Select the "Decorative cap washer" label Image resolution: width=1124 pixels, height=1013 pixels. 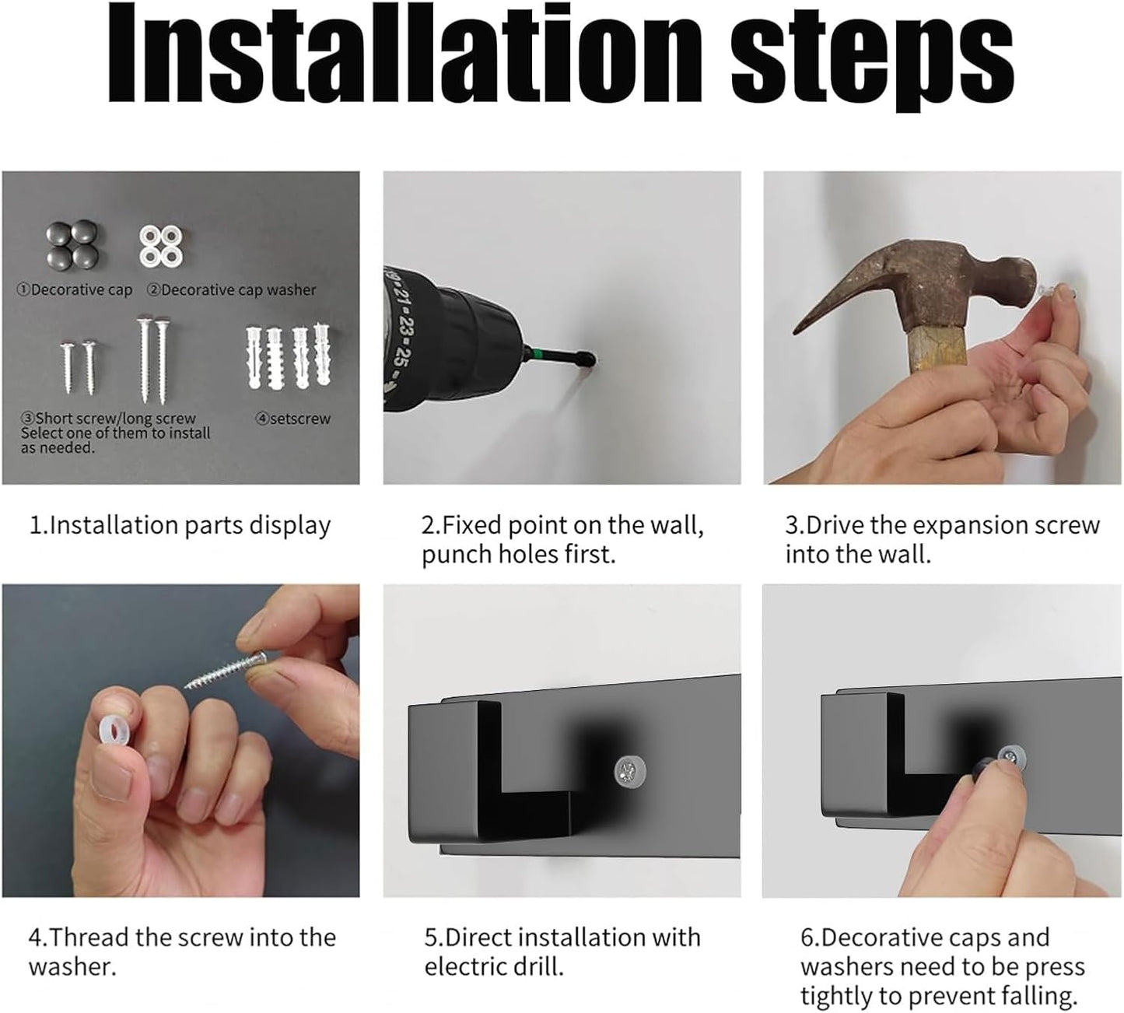pyautogui.click(x=232, y=290)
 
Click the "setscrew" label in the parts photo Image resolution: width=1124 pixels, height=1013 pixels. pyautogui.click(x=293, y=419)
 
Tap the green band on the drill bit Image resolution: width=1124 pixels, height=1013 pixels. pyautogui.click(x=538, y=354)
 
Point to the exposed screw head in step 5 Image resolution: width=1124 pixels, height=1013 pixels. pyautogui.click(x=630, y=772)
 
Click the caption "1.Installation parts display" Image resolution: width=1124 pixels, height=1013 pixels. pyautogui.click(x=180, y=525)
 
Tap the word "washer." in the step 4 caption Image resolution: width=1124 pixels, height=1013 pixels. pyautogui.click(x=72, y=967)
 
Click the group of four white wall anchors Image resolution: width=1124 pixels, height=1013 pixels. pyautogui.click(x=288, y=356)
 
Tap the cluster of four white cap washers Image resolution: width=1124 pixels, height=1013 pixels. pyautogui.click(x=161, y=246)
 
